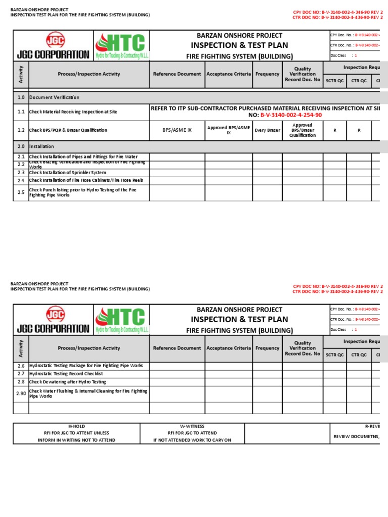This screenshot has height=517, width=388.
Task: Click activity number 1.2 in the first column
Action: coord(21,130)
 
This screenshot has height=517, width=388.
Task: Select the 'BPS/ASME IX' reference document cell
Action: coord(177,130)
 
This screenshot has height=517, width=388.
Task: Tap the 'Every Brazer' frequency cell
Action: coord(267,130)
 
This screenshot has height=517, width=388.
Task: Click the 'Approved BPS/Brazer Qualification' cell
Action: coord(302,130)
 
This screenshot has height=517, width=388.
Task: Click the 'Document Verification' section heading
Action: coord(54,97)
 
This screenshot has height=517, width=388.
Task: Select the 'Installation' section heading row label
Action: coord(41,146)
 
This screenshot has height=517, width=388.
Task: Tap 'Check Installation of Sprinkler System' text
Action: coord(67,173)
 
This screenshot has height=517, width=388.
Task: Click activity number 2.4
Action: coord(21,180)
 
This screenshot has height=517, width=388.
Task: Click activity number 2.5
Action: coord(21,192)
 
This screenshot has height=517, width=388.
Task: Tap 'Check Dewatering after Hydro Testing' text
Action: coord(67,382)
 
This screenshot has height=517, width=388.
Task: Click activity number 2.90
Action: coord(21,393)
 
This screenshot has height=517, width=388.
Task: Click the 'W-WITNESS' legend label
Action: coord(192,427)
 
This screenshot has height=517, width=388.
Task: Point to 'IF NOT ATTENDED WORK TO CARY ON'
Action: coord(192,440)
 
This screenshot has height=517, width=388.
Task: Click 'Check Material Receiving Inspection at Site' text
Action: coord(73,112)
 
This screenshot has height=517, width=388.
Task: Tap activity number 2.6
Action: coord(21,366)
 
